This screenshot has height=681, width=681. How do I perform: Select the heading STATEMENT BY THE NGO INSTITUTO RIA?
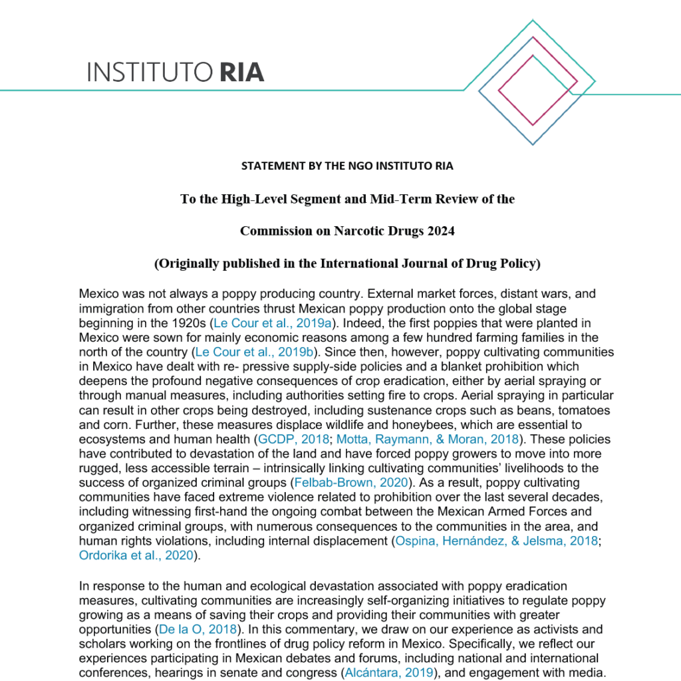coord(347,166)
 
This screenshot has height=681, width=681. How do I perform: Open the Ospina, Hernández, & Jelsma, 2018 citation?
coord(496,541)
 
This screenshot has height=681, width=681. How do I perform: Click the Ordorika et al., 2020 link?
coord(136,555)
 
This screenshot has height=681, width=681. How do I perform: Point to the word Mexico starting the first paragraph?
coord(98,294)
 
